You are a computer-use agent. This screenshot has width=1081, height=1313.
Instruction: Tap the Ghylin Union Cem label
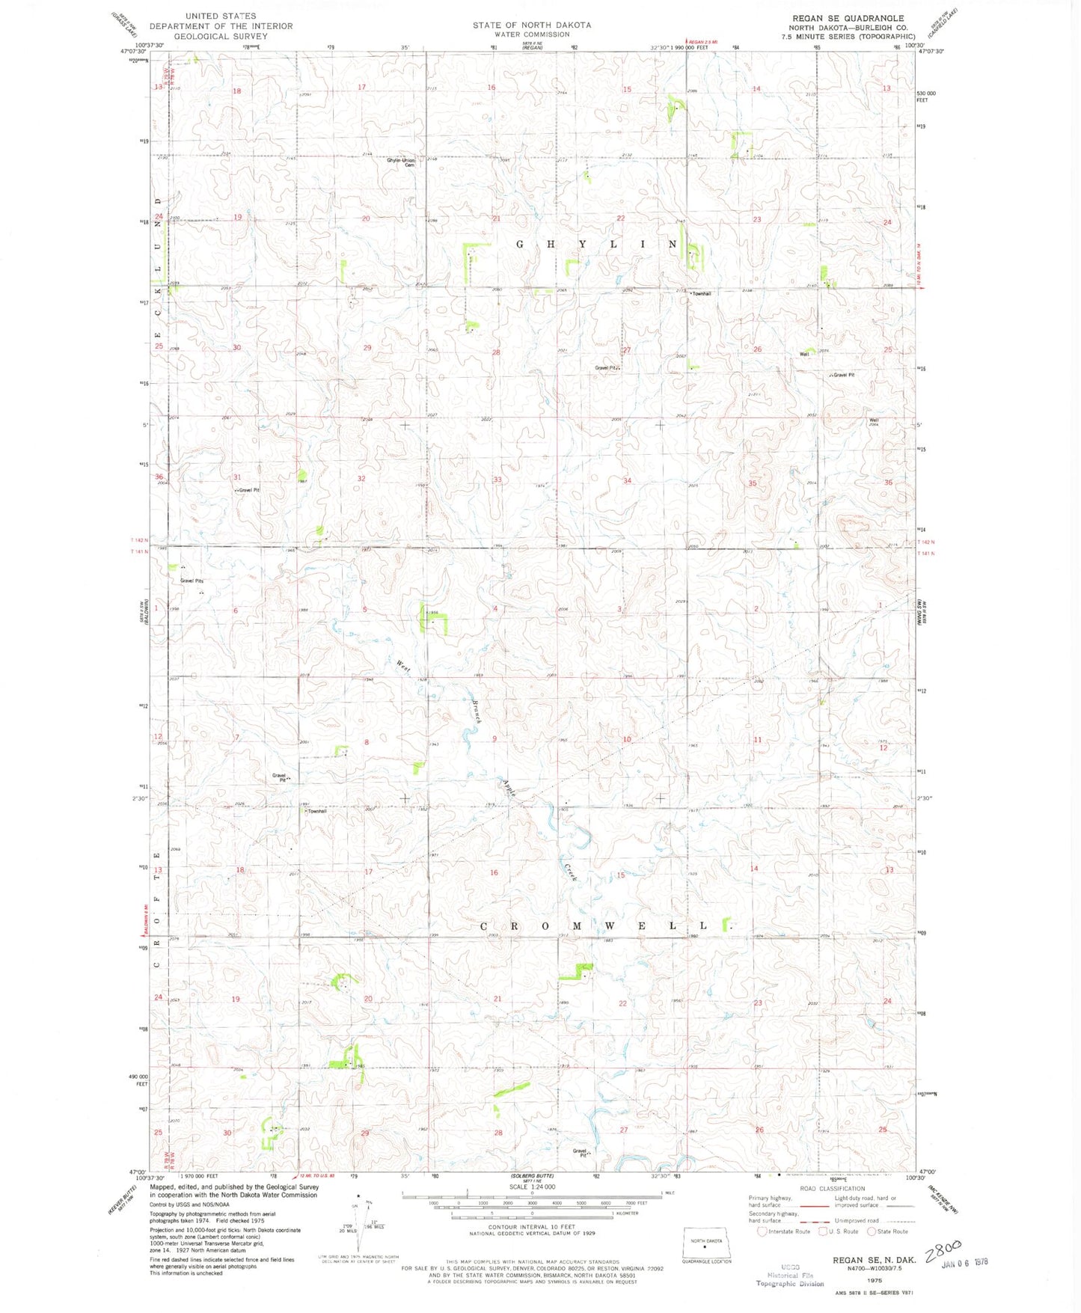pos(401,162)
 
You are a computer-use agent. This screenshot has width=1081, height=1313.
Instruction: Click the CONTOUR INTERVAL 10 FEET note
pos(532,1227)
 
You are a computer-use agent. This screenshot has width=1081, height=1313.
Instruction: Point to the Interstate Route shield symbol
pos(762,1231)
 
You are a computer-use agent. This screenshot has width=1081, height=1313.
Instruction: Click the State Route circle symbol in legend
pos(872,1231)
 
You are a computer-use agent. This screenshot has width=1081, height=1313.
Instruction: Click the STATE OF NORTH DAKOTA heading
pos(531,25)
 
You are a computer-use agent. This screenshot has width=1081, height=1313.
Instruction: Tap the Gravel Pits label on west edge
pos(192,581)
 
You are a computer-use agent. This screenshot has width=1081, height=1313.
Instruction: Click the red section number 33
pos(497,480)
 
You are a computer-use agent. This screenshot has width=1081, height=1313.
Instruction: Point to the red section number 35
pos(753,483)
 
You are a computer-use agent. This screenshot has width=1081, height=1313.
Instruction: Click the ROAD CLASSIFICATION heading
pos(832,1188)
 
